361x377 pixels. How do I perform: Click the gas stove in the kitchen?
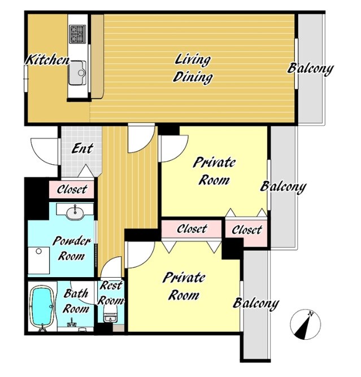tap(77, 34)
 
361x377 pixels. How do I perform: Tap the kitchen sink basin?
tap(77, 73)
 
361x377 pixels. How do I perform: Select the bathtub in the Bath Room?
tap(42, 307)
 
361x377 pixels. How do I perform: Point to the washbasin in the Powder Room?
tap(75, 212)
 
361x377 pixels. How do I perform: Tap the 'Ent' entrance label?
tap(82, 148)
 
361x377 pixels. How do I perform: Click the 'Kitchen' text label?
tap(47, 60)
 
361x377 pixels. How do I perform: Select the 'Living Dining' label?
tap(193, 69)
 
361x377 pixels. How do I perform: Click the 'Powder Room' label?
tap(72, 248)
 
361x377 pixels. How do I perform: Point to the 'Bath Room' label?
tap(76, 301)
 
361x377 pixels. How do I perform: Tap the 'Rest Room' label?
tap(111, 293)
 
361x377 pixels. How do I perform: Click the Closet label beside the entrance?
tap(72, 190)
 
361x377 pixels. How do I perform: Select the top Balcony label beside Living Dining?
tap(311, 68)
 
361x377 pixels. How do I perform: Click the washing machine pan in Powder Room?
tap(39, 260)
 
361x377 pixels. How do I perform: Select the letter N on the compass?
tap(311, 314)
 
